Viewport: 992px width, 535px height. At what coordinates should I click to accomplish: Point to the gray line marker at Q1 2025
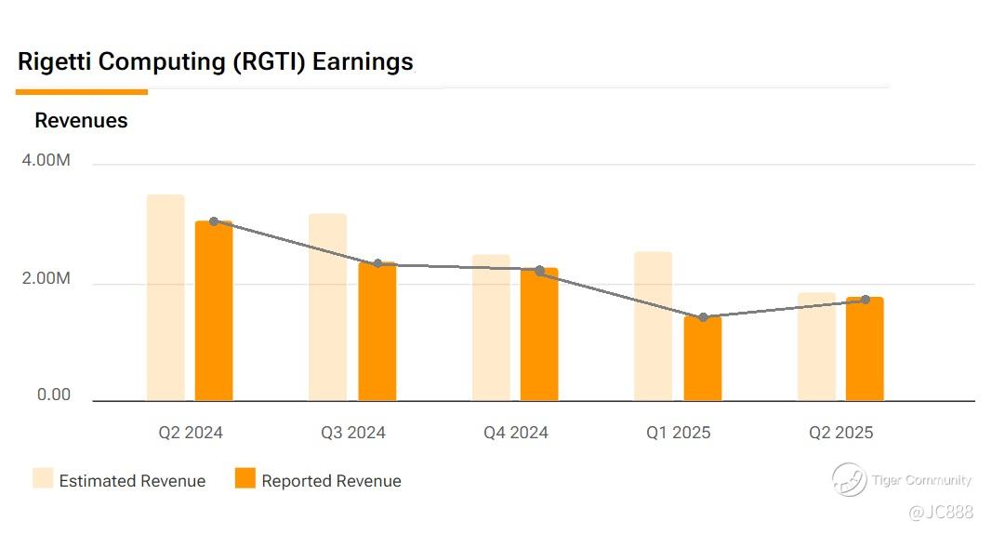[703, 317]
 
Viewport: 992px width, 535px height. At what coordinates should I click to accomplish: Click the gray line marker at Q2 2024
[214, 221]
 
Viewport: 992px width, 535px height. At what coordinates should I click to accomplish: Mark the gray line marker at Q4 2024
[539, 270]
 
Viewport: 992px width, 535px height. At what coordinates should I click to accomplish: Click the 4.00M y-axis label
[46, 161]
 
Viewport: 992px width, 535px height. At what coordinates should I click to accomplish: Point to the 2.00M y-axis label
[46, 279]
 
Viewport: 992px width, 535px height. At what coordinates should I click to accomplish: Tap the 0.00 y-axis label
[54, 395]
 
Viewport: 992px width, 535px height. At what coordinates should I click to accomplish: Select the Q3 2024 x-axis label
[353, 433]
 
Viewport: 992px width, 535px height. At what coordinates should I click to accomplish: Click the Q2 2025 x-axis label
[841, 433]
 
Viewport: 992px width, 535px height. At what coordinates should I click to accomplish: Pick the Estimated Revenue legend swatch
[43, 479]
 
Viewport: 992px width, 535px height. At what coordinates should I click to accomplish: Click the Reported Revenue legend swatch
[245, 479]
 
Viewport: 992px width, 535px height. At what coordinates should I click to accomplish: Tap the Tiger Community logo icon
[849, 480]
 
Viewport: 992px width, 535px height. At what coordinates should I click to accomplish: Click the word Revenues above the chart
[81, 121]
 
